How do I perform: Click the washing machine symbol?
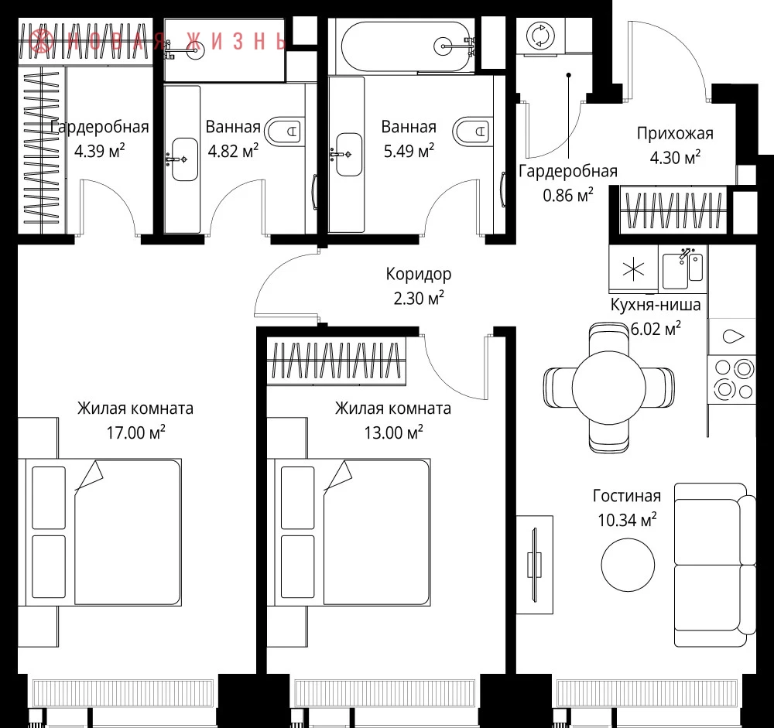coord(540,36)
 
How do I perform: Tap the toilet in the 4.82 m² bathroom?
coord(283,132)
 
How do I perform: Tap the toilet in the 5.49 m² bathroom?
coord(472,131)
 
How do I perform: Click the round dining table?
coord(608,387)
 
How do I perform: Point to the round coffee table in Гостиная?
coord(628,564)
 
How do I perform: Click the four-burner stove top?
coord(732,379)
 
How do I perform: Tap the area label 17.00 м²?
coord(135,432)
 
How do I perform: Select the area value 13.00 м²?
coord(393,432)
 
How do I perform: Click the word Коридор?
coord(419,273)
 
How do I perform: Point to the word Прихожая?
coord(675,133)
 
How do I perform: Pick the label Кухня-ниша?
coord(656,304)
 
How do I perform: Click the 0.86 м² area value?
coord(567,195)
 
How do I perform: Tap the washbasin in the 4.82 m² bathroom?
coord(184,159)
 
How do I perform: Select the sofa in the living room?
coord(714,565)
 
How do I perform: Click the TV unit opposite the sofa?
coord(535,564)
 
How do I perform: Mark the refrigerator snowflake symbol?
coord(633,269)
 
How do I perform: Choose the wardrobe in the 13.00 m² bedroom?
coord(337,361)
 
